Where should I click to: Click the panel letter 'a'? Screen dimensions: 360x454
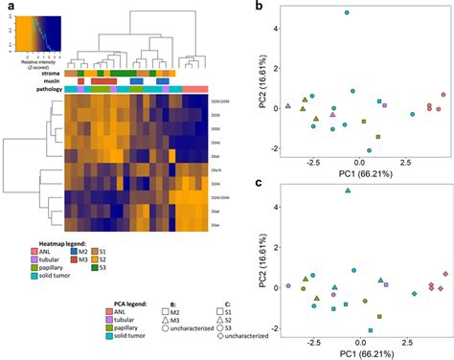[x=7, y=8]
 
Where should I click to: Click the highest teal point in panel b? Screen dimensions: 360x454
[x=347, y=13]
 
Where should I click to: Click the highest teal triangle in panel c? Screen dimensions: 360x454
[x=348, y=191]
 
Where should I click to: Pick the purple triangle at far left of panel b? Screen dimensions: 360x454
[x=288, y=106]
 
